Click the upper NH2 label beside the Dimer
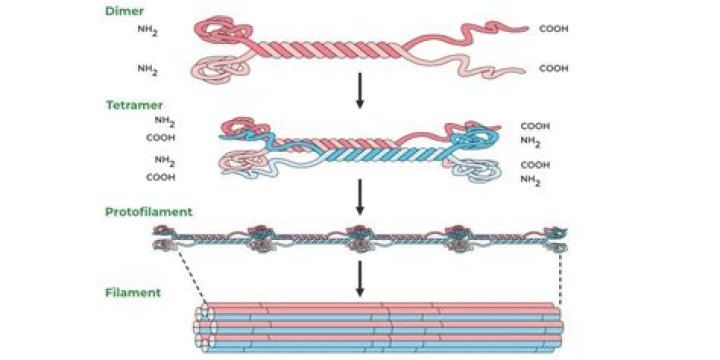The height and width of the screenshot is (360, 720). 149,32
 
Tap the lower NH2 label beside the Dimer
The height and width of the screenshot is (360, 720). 149,70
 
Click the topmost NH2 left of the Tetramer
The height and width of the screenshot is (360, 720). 165,123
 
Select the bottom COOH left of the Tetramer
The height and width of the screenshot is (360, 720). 161,177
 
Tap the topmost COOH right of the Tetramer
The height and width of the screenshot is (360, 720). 535,127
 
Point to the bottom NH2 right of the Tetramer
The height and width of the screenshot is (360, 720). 531,180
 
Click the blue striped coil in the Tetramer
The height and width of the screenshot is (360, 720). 380,158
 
